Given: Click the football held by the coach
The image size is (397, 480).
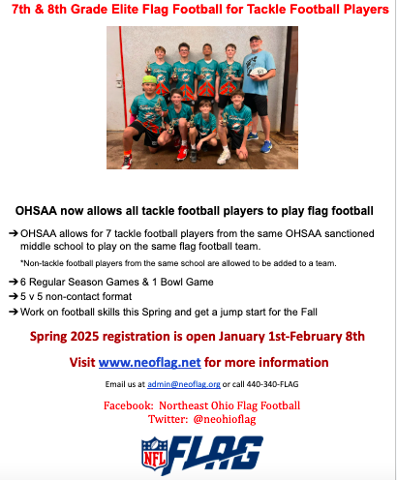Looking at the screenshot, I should pos(256,73).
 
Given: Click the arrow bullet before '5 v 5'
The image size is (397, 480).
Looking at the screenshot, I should pos(13,296).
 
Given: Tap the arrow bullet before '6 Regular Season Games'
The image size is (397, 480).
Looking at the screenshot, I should pos(13,281).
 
